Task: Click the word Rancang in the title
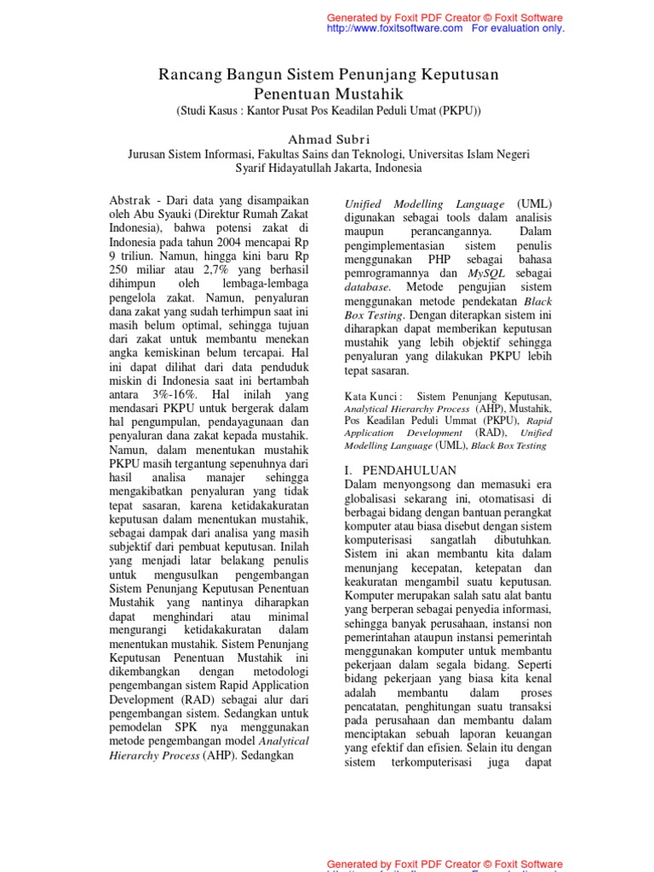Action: (188, 76)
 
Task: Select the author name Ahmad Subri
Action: (329, 139)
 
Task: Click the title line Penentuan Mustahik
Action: (329, 94)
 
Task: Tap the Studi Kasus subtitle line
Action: (329, 112)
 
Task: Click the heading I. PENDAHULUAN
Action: (400, 470)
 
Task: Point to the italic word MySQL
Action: (485, 274)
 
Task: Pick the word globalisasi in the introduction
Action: (376, 499)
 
